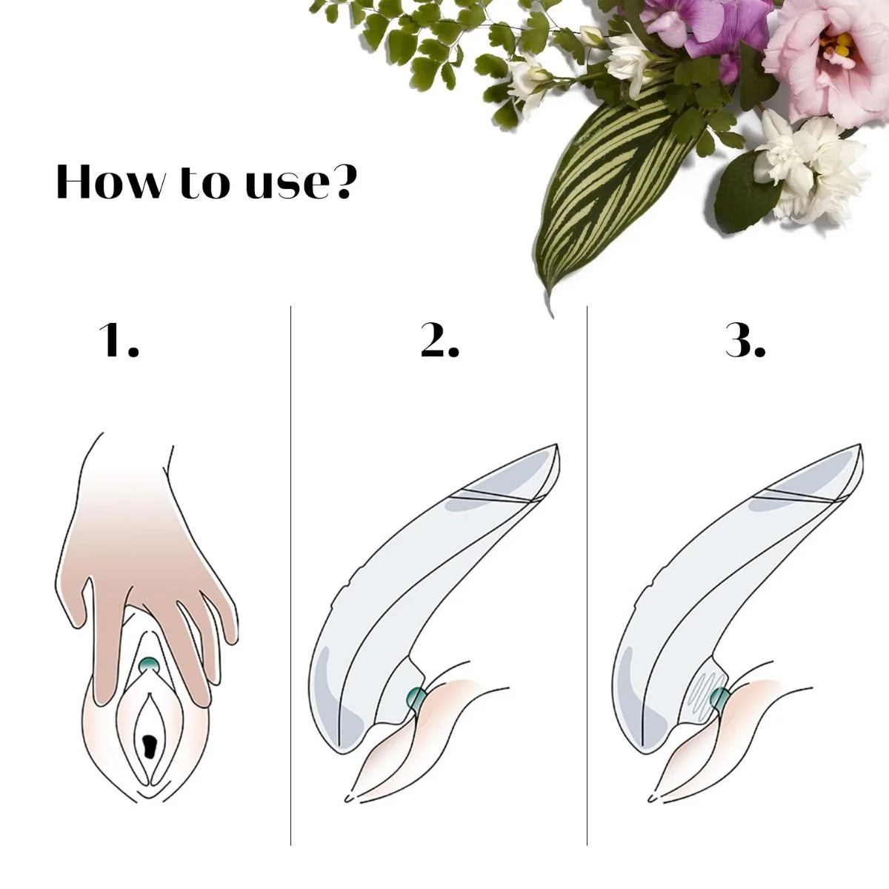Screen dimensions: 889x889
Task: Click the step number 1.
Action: pos(119,341)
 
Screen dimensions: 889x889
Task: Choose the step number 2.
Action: pos(440,341)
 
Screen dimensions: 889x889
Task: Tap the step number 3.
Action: pos(745,341)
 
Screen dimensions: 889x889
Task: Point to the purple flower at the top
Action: pos(710,27)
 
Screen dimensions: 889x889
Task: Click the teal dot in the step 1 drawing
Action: pos(150,665)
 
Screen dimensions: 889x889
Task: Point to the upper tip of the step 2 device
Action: pos(557,444)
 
